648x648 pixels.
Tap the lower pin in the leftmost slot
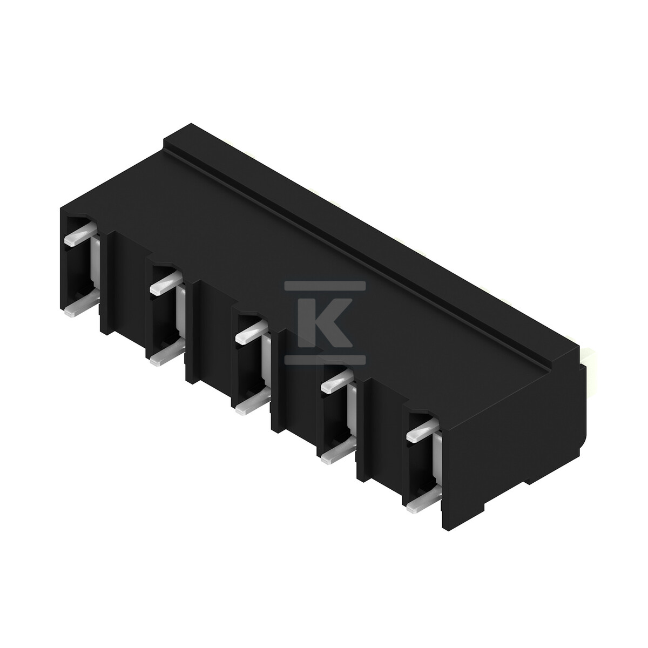coord(82,307)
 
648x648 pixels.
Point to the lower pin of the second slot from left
coord(167,354)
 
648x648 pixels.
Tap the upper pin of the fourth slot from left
coord(337,380)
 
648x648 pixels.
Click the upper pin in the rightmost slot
coord(423,429)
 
